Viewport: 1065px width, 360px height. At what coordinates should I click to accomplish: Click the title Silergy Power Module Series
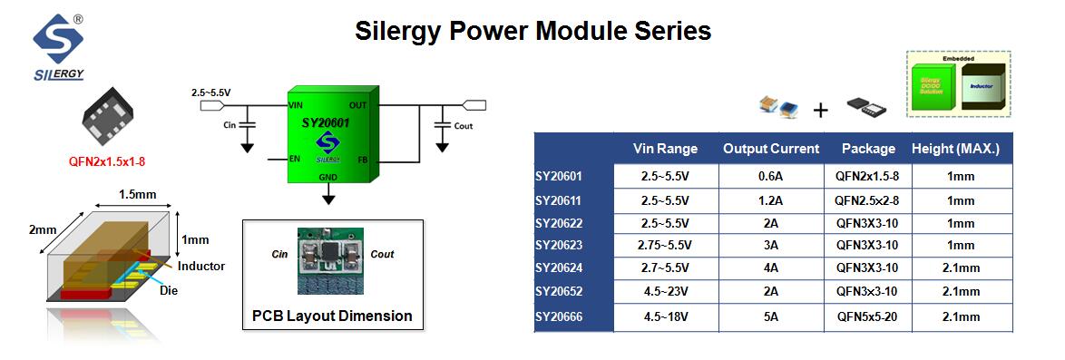532,31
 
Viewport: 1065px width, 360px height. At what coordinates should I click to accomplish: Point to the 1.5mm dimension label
139,195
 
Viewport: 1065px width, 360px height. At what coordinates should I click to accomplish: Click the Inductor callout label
201,266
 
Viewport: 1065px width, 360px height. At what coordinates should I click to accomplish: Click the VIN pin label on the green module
296,105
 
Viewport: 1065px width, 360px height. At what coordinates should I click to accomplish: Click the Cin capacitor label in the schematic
229,125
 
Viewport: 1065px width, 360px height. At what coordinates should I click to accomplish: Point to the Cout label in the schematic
463,126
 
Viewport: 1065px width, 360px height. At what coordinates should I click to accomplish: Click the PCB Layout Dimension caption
332,316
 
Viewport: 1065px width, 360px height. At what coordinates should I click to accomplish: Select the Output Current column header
770,149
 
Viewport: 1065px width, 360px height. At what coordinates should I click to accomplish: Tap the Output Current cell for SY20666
770,316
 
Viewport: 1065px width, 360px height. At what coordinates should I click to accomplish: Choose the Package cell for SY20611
867,199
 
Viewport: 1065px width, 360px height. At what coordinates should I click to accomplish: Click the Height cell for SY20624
962,268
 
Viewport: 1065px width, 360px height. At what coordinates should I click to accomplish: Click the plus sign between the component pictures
820,111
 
